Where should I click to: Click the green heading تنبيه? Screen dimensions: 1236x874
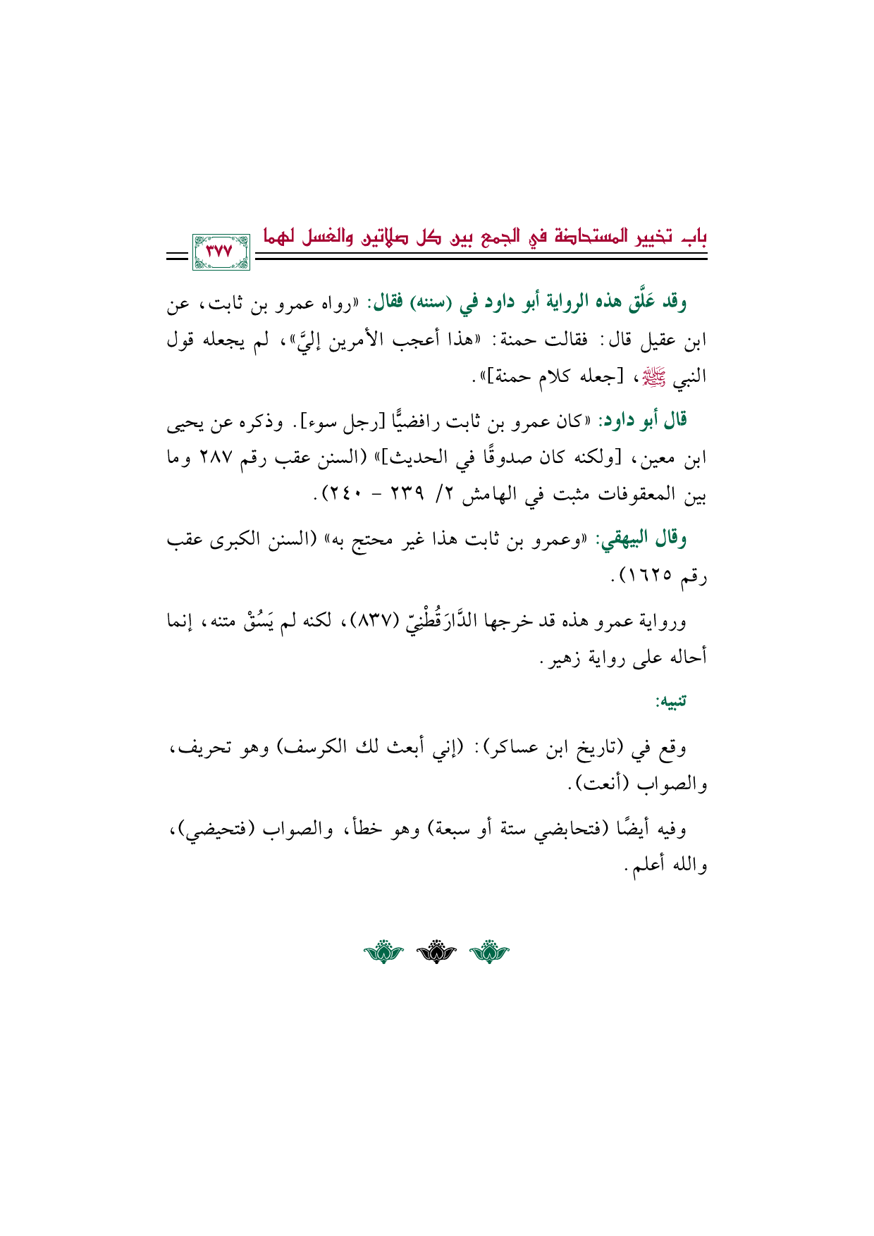[x=670, y=703]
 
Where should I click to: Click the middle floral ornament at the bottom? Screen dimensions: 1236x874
[x=437, y=953]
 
